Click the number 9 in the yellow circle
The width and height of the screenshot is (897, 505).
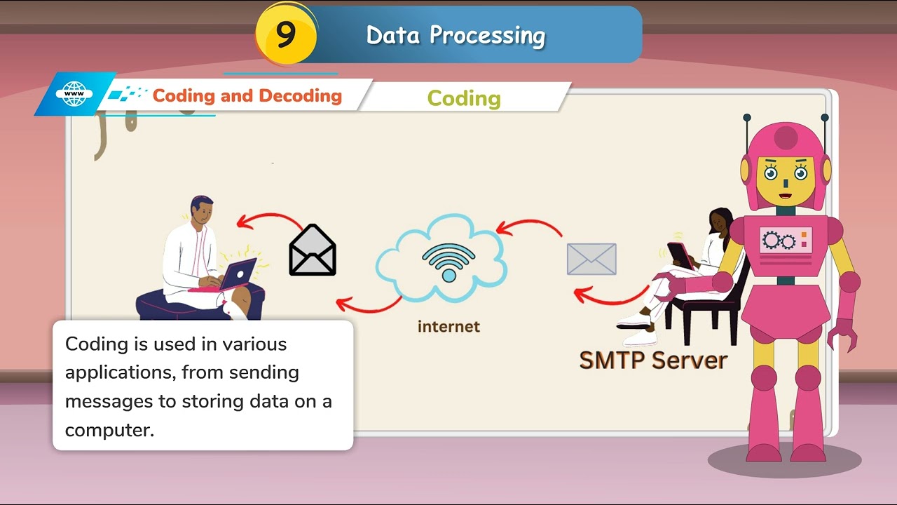[x=285, y=34]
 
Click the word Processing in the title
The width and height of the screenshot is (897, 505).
[x=488, y=36]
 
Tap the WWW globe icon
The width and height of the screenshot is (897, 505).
[x=74, y=93]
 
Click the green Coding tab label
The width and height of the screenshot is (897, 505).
[x=464, y=98]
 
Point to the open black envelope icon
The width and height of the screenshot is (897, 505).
[x=313, y=250]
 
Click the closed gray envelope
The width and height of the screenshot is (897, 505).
[x=591, y=259]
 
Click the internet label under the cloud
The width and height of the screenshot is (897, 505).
[x=448, y=326]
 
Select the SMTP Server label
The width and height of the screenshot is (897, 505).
[x=653, y=361]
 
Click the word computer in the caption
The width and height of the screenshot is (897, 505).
[x=109, y=429]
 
